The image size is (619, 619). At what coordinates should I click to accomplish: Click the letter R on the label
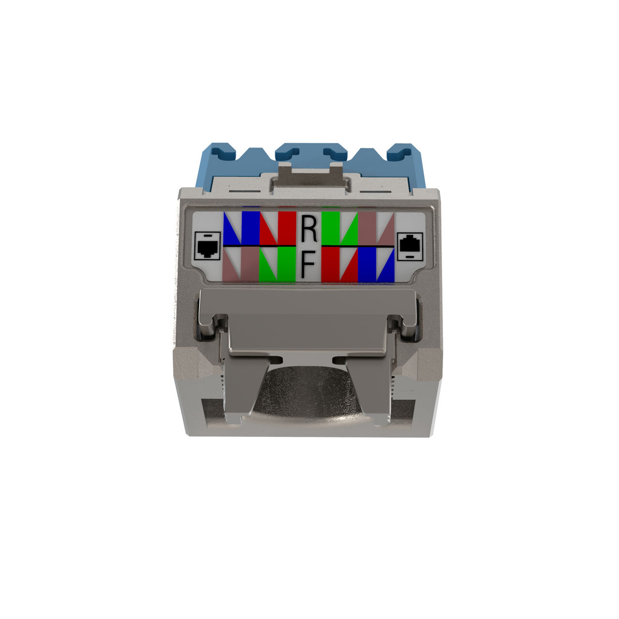coord(309,229)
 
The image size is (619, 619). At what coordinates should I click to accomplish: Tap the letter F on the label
coord(308,264)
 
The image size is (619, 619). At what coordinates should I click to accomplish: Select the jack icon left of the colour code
coord(207,246)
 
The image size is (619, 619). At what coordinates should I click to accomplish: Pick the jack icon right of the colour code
coord(410,246)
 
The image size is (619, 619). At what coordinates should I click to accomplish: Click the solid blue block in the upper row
coord(251,228)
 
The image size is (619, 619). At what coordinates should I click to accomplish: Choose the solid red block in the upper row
coord(287,228)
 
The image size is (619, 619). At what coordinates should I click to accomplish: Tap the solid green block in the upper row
coord(331,228)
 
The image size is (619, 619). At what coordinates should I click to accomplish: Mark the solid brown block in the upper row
coord(367,228)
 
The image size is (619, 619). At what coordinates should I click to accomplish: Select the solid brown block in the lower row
coord(250,265)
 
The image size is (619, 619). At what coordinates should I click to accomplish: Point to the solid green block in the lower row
coord(287,265)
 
